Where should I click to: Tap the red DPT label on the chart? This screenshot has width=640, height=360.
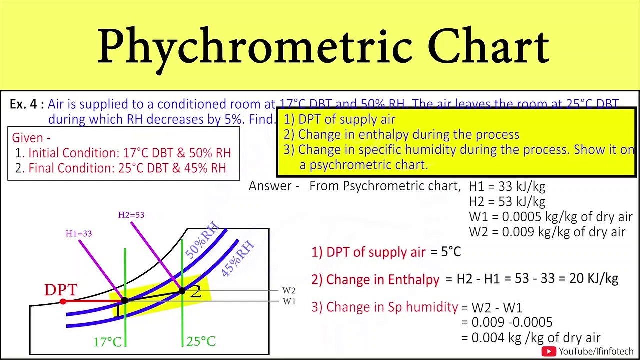click(61, 290)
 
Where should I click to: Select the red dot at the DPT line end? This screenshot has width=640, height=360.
click(63, 301)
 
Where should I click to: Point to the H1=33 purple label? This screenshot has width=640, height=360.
click(79, 233)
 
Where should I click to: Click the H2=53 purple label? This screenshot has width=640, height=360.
click(131, 215)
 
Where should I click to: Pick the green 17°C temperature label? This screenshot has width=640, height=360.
click(107, 342)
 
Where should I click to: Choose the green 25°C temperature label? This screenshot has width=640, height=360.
click(201, 342)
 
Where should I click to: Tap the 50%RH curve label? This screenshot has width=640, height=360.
click(203, 243)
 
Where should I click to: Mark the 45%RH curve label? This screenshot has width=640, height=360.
click(238, 259)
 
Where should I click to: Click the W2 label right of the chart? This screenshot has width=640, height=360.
click(289, 290)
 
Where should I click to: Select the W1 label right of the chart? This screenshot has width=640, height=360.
click(289, 301)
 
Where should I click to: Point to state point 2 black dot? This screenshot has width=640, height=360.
click(182, 291)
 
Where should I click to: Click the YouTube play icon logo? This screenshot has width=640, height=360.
click(549, 351)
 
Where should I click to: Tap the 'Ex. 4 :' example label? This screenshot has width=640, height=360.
click(27, 104)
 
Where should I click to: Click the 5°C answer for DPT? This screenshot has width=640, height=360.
click(451, 252)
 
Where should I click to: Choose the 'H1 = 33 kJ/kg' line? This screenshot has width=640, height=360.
click(507, 187)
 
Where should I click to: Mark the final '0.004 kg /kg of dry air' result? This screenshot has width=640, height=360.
click(536, 338)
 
